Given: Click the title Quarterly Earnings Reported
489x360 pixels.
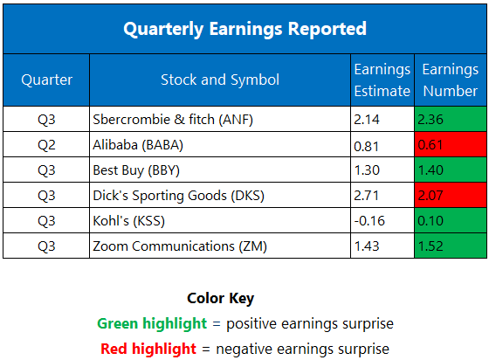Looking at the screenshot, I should [x=244, y=29].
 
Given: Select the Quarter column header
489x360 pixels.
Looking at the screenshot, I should [x=45, y=80].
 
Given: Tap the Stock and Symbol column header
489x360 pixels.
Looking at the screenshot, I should [x=219, y=80].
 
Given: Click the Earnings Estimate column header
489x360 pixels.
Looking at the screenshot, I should [x=382, y=80].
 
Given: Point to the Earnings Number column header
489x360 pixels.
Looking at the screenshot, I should [x=450, y=80].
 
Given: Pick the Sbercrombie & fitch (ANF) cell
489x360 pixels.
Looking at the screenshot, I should [x=170, y=119].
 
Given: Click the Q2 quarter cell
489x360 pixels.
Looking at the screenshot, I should [x=45, y=144].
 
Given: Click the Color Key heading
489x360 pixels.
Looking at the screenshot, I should [x=220, y=298].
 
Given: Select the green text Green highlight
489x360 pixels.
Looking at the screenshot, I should [x=154, y=323].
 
